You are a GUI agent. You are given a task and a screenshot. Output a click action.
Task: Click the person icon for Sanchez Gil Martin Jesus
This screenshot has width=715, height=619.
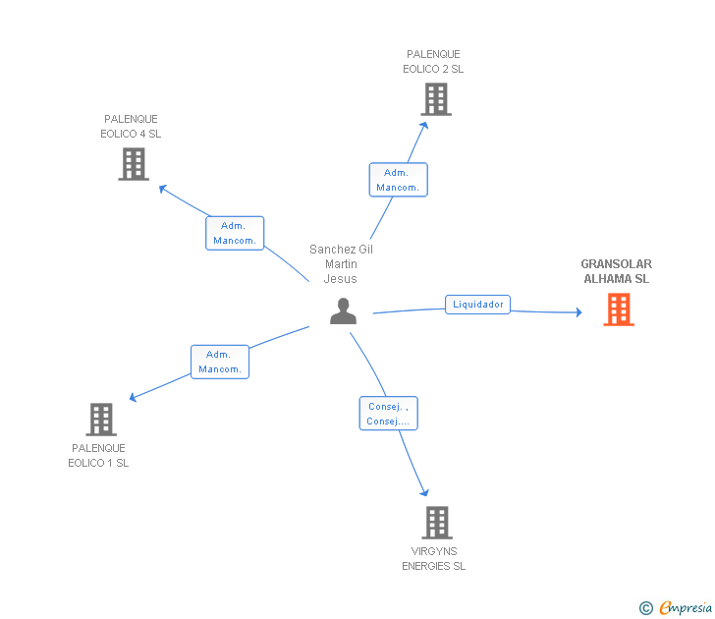point(343,311)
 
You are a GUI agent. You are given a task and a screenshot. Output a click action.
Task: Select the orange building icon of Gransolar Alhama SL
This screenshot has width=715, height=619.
point(619,309)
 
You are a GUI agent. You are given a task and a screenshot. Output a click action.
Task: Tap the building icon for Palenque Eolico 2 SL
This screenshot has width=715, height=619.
point(436,99)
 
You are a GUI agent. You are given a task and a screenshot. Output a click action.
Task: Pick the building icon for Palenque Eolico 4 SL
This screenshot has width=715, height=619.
point(134,164)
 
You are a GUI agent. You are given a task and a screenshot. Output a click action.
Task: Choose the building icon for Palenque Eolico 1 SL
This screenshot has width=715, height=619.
point(101,420)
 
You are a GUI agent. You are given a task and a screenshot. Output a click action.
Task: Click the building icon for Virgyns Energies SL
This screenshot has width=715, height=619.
point(437,523)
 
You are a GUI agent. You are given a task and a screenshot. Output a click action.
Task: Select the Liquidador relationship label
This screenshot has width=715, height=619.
point(477,305)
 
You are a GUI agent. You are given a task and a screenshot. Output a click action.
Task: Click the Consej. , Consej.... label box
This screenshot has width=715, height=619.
point(389,414)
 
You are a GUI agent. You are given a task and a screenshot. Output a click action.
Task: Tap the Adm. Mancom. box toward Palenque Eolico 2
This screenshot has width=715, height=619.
point(398,180)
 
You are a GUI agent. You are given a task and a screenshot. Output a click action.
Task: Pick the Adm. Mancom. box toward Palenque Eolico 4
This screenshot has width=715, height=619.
point(235,233)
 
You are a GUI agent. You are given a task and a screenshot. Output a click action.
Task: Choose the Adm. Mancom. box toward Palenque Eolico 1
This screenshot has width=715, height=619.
point(220,362)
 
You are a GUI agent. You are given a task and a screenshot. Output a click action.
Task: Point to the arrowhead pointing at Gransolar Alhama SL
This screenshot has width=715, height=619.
point(579,312)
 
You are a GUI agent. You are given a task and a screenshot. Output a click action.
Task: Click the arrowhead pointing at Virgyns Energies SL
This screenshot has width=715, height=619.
point(424,492)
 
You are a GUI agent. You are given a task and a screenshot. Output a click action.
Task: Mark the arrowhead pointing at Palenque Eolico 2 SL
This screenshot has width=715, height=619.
point(424,126)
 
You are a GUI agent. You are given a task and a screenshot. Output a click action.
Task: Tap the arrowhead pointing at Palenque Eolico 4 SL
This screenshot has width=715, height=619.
point(162,188)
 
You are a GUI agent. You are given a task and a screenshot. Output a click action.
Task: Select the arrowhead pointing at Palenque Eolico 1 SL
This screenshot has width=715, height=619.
point(134,397)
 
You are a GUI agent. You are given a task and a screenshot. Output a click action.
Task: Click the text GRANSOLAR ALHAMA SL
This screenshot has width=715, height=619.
point(617,271)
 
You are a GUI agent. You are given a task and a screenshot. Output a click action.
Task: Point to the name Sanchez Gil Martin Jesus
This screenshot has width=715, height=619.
point(341,264)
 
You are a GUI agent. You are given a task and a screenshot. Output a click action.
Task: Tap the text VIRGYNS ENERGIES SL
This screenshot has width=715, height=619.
point(434,559)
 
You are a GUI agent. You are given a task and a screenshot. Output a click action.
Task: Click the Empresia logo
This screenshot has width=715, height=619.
point(676,608)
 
